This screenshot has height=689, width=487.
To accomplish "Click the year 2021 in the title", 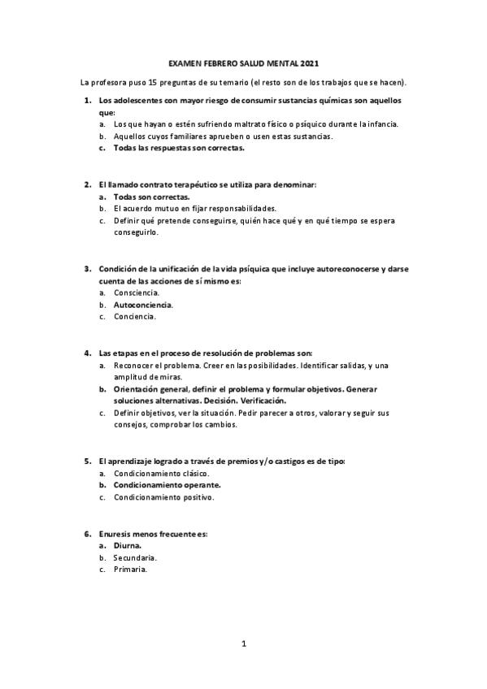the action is pos(310,63).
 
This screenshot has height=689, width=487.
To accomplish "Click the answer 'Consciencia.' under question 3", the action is pos(137,292).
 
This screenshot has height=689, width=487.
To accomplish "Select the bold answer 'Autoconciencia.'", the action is pos(143,305).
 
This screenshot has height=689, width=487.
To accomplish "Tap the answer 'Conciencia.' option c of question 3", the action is pos(135,317).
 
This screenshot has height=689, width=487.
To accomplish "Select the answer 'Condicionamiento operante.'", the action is pos(165,485).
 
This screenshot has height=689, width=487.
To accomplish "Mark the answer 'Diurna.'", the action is pos(128,546).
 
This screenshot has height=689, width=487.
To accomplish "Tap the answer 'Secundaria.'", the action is pos(135,558).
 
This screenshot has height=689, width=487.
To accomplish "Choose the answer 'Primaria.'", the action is pos(130,570).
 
